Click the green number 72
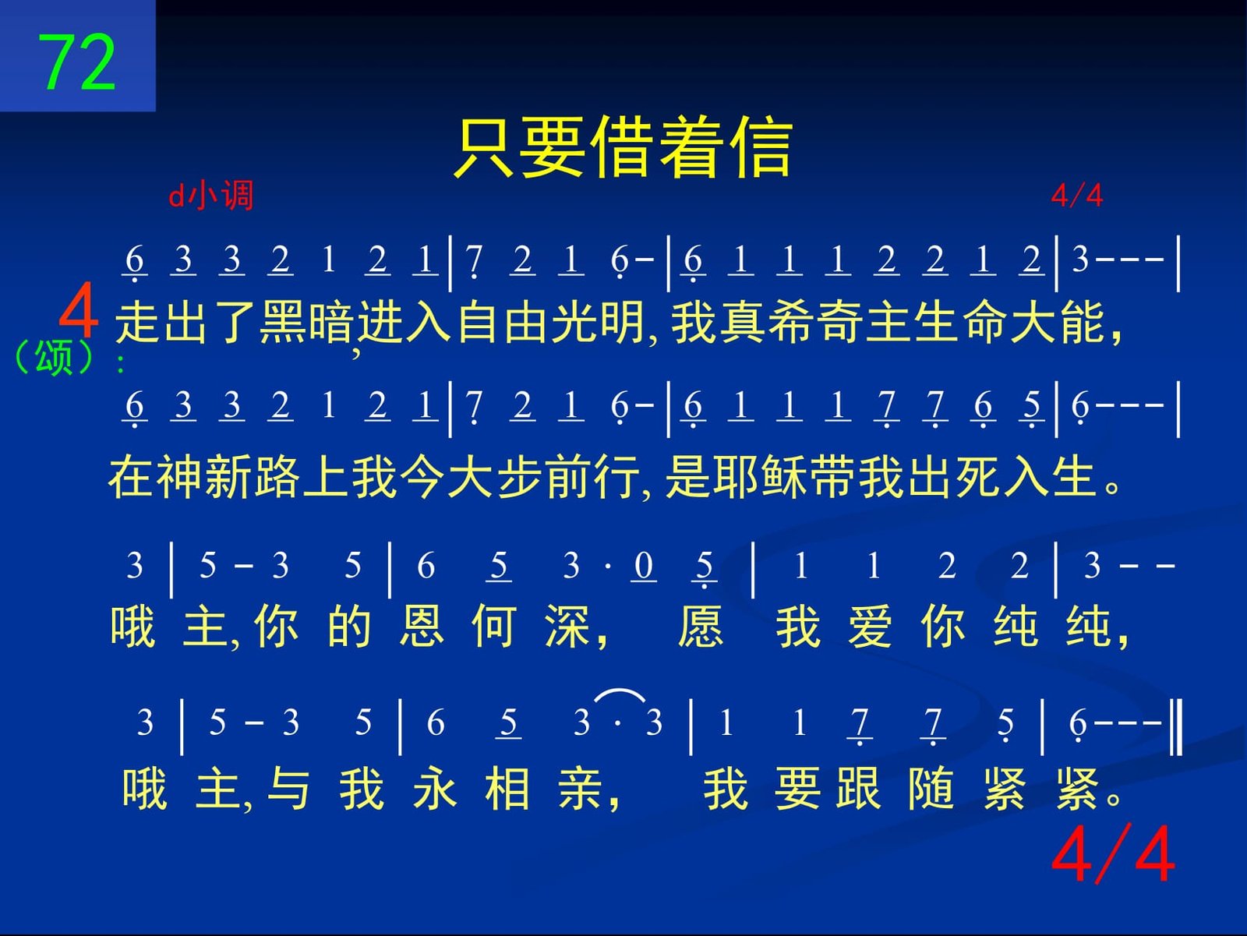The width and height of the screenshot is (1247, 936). pos(76,62)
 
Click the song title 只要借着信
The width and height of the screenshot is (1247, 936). pos(623,147)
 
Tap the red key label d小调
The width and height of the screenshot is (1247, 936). pos(210,196)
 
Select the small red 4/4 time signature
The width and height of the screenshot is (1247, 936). pos(1076,196)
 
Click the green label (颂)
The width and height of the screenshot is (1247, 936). pos(53,358)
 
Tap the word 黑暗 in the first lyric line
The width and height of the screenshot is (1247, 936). pos(307,323)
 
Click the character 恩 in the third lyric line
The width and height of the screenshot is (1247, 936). pos(422,626)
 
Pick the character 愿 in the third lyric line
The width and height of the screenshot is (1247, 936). pos(701,626)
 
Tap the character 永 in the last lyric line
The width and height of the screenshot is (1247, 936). pos(435,789)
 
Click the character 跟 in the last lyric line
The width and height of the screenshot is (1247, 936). pos(858,789)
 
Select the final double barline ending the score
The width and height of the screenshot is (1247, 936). pos(1176,728)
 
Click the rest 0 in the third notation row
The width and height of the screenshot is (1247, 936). pos(644,566)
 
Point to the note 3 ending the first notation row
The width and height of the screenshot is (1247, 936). pos(1080,260)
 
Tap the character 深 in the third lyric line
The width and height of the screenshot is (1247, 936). pos(567,626)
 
